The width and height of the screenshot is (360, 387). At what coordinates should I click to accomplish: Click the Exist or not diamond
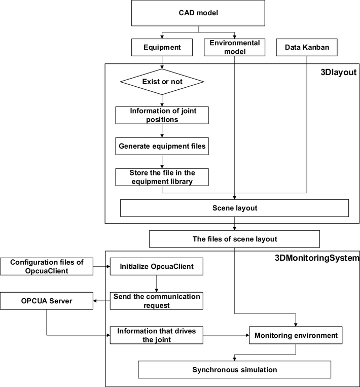162,82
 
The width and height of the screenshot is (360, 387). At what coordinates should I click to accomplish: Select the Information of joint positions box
162,115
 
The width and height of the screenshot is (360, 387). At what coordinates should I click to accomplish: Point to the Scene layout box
234,208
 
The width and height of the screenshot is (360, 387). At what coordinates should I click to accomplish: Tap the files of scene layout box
234,239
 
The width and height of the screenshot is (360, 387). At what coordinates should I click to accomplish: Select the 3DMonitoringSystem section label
317,258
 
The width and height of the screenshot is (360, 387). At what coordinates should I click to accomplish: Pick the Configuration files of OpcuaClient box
47,266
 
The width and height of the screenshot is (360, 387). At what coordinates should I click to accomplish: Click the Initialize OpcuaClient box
156,266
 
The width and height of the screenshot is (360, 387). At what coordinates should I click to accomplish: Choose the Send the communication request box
156,301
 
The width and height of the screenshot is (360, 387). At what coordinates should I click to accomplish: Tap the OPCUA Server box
47,301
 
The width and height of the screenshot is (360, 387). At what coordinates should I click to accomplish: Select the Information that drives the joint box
156,335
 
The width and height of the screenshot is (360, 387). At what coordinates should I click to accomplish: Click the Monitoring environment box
296,335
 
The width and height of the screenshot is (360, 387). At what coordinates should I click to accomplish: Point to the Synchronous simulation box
234,369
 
